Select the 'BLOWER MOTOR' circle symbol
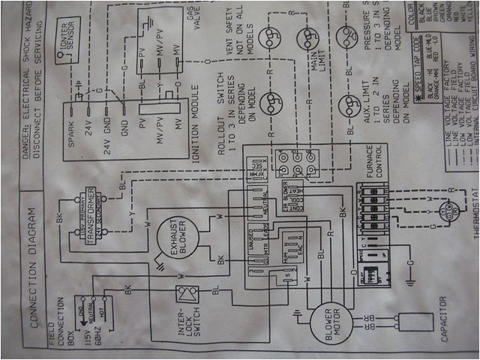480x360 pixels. point(328,322)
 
